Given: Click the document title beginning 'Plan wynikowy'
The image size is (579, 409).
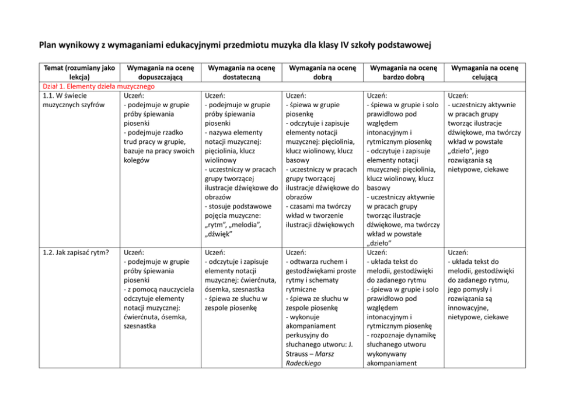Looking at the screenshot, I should [x=238, y=45].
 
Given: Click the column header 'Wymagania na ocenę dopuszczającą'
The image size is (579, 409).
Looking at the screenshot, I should [x=159, y=72].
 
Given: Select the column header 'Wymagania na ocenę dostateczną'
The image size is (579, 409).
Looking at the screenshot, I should [x=241, y=72].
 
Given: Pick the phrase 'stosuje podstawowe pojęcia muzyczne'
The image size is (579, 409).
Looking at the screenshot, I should [x=239, y=210].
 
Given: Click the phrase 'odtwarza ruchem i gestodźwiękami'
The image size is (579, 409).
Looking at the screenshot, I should [x=320, y=266].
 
